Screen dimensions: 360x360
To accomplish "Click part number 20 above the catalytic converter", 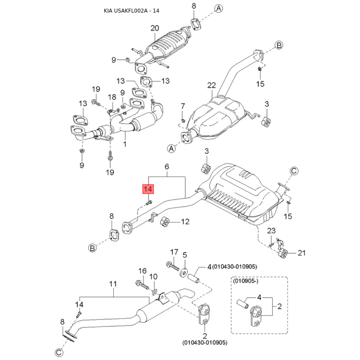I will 154,28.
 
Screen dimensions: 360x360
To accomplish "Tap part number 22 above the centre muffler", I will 212,85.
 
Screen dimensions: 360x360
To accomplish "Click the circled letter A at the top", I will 218,9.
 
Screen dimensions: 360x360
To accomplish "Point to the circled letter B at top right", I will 279,45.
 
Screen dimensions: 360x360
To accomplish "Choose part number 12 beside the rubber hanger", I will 185,221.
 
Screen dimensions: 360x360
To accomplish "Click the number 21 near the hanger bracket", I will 301,253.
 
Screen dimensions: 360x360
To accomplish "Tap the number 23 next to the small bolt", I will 271,231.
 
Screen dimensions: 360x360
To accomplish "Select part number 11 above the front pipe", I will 113,284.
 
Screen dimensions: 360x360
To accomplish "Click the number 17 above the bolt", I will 174,252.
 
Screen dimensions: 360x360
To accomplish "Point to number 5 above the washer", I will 184,255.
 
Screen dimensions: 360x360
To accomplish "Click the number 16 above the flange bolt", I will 142,270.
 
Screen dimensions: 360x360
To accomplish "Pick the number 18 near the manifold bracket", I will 112,97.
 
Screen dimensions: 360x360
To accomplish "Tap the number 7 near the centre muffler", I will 183,106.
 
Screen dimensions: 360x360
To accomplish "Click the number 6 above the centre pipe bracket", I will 166,166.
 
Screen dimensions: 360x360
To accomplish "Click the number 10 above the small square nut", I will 153,276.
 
